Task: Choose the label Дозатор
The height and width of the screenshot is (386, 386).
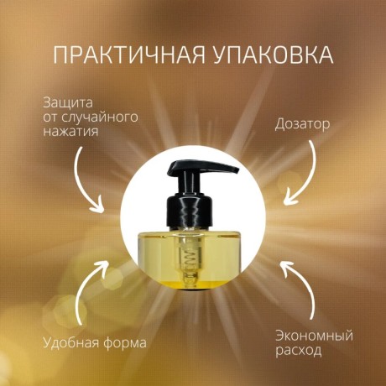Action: [x=302, y=124]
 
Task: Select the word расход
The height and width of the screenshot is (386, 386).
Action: [x=298, y=350]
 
